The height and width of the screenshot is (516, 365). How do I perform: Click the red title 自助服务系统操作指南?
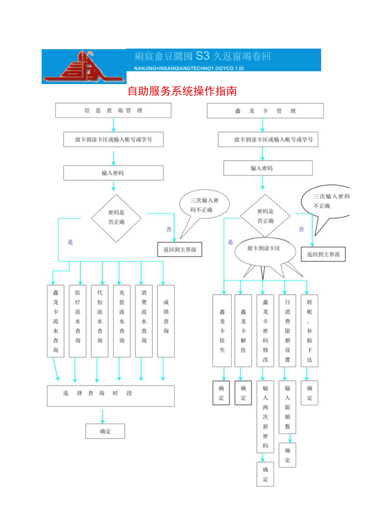coord(182,91)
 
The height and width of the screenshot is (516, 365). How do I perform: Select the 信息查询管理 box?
coord(113,111)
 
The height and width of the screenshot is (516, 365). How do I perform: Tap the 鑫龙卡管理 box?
coord(265,111)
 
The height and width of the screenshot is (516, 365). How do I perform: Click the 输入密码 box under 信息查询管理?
coord(113,173)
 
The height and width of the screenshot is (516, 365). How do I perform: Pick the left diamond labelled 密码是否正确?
coord(116,218)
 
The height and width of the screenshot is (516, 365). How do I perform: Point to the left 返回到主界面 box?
coord(180,250)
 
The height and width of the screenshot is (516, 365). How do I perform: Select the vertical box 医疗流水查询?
coord(77,321)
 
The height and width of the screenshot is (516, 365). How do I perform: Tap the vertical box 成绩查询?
coord(166,321)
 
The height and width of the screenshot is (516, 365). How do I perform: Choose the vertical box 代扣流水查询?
coord(100,321)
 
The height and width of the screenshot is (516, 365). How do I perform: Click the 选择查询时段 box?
coord(111,395)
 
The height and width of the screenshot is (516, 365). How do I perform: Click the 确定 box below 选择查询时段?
coord(105,431)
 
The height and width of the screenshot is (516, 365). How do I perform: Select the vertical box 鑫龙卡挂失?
coord(222,330)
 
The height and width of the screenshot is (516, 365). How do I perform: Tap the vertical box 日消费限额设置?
coord(287,330)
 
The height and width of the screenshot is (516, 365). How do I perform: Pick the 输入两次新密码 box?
coord(265,416)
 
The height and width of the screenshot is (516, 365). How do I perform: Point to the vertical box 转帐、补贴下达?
coord(309,330)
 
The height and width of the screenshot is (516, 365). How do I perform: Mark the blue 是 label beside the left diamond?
coord(70,242)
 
